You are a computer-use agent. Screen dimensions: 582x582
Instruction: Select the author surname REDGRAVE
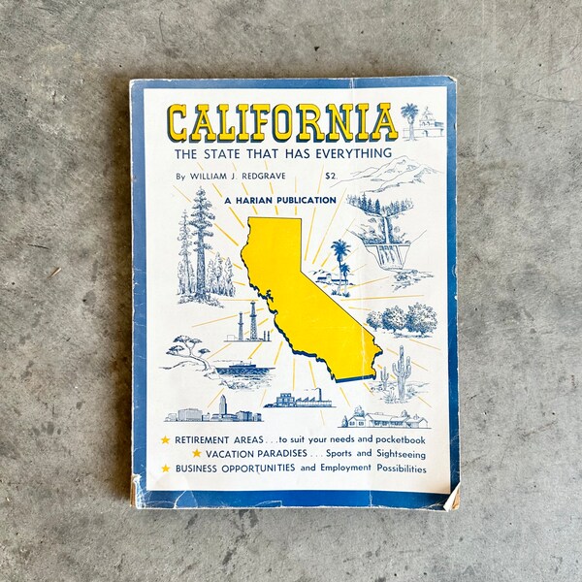(x=287, y=177)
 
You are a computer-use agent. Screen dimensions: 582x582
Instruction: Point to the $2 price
(x=331, y=176)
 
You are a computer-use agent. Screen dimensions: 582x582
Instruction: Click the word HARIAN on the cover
(x=275, y=200)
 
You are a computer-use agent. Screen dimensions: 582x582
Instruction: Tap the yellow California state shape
(x=302, y=291)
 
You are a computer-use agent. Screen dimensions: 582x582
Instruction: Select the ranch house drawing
(x=384, y=418)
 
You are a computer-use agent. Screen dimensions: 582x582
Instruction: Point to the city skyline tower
(x=223, y=404)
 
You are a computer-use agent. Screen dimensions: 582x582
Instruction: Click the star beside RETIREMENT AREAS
(x=165, y=440)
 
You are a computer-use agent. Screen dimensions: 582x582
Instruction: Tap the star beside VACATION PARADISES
(x=197, y=453)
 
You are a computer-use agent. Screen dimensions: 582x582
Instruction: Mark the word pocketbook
(x=393, y=440)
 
